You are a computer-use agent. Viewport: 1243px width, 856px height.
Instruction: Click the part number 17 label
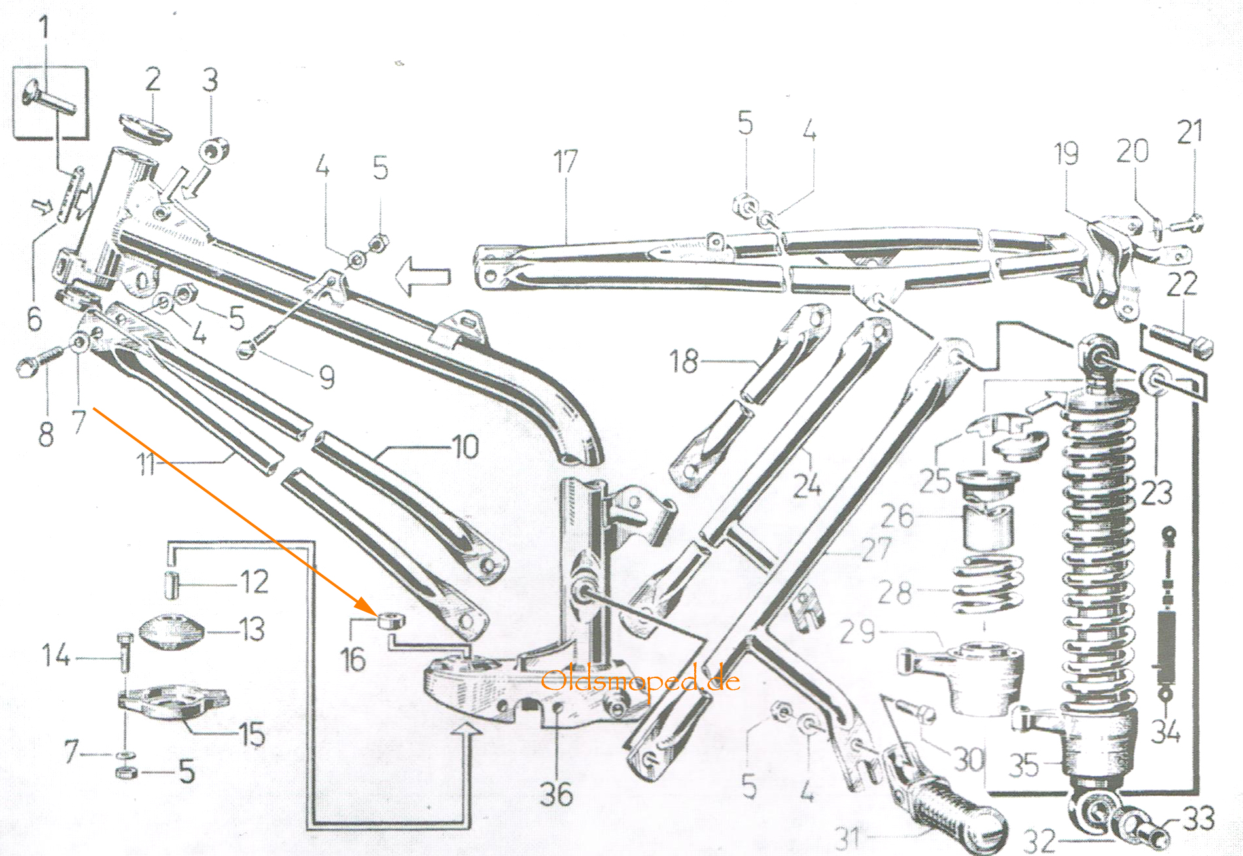coord(566,162)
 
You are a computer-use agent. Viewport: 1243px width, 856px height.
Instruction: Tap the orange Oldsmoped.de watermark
coord(640,682)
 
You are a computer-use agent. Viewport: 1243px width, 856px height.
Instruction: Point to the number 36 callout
coord(556,795)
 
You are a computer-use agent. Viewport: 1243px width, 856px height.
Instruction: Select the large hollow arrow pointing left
coord(424,276)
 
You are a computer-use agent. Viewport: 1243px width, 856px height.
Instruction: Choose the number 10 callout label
coord(466,448)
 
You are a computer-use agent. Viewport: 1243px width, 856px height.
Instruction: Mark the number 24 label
coord(807,485)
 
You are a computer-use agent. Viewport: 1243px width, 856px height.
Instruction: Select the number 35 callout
coord(1024,764)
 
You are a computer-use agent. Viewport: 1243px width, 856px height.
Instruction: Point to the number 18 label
coord(684,361)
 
